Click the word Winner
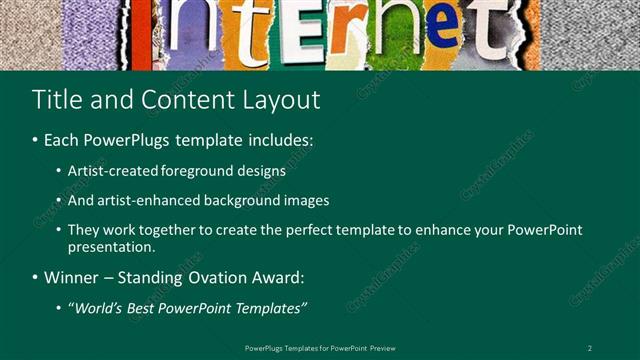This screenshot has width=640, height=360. (66, 276)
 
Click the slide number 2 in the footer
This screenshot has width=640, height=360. (589, 347)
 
